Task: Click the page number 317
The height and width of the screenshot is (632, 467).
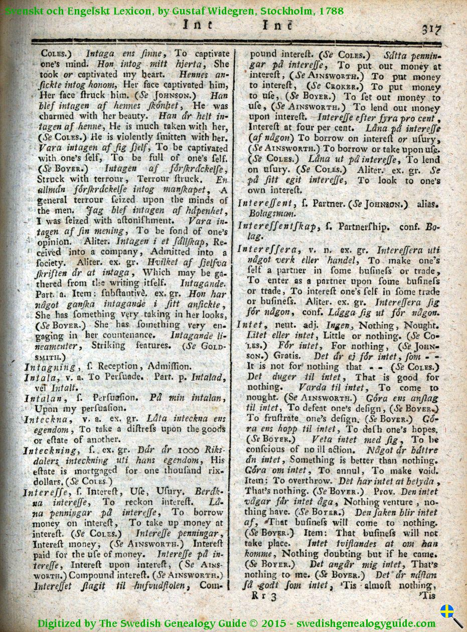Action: (430, 29)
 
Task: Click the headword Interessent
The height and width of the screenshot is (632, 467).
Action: (265, 204)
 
